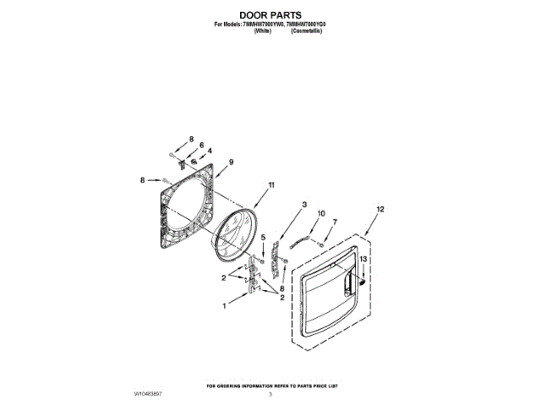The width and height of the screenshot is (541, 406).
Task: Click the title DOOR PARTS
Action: (270, 14)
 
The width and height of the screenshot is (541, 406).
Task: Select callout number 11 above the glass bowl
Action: (271, 184)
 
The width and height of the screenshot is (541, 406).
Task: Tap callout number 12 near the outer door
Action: (380, 208)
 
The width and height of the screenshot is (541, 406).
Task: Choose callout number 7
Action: (334, 222)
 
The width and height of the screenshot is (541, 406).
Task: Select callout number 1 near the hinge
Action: (225, 305)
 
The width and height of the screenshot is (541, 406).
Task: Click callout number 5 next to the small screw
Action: (263, 239)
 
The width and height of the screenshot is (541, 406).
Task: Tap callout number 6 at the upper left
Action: (201, 145)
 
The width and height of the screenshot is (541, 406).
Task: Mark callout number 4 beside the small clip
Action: (210, 151)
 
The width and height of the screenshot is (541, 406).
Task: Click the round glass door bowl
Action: (234, 236)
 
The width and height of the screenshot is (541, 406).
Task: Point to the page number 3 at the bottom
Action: (270, 393)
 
